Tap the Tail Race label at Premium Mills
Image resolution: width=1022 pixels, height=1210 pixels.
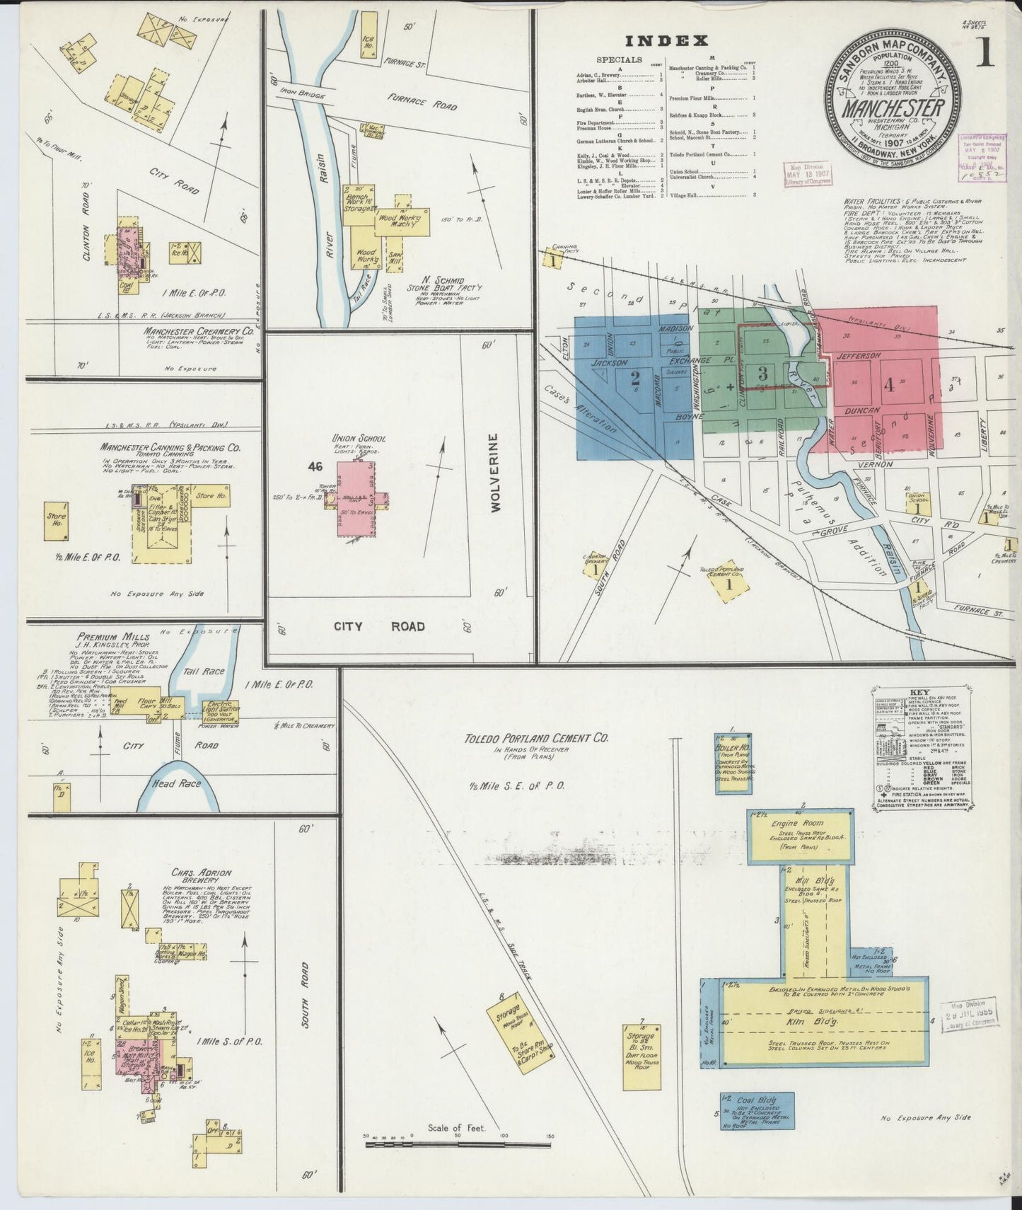203,671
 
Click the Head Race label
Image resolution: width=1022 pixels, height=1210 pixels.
176,783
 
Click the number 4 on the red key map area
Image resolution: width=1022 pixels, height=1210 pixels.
888,386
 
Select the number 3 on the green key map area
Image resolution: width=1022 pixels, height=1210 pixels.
762,374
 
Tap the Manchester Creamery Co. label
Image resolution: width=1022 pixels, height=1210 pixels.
198,330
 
